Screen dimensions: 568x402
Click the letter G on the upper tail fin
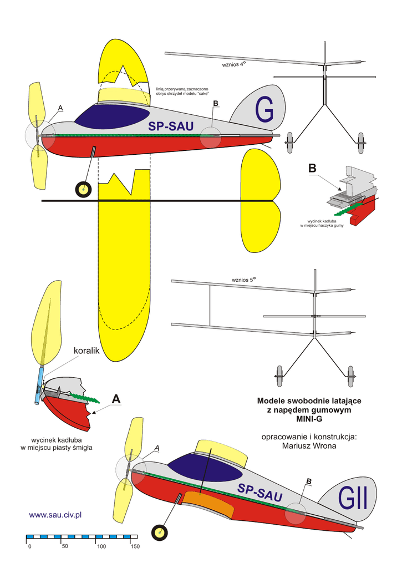(264, 112)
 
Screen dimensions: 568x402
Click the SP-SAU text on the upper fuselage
(171, 127)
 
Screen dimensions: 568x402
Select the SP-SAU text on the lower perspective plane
(260, 492)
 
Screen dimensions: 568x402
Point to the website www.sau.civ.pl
(55, 515)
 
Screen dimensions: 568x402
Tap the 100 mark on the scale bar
(101, 547)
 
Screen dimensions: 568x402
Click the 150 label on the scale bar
(134, 547)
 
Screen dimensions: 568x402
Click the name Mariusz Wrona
(309, 445)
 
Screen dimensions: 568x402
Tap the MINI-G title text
(309, 419)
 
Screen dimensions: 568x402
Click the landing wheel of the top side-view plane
(83, 190)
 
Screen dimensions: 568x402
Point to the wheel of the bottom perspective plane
(160, 533)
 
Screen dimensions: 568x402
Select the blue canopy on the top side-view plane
(110, 114)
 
